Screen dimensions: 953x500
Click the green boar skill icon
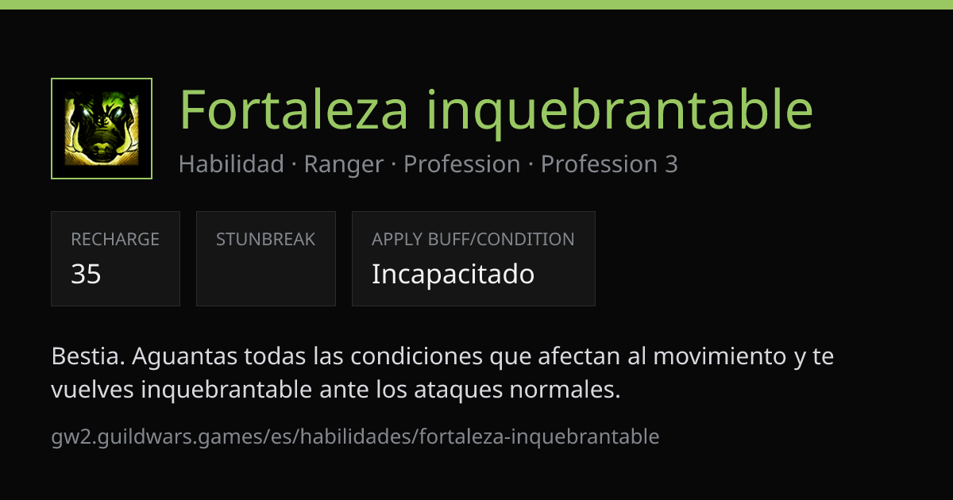pyautogui.click(x=102, y=129)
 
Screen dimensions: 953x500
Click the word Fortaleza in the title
pyautogui.click(x=294, y=110)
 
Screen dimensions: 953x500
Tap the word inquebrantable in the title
pyautogui.click(x=620, y=113)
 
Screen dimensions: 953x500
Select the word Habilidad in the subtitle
pyautogui.click(x=231, y=164)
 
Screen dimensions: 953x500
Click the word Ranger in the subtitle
pyautogui.click(x=344, y=165)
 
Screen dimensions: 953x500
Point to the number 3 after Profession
pyautogui.click(x=671, y=164)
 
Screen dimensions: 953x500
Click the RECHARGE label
pyautogui.click(x=115, y=240)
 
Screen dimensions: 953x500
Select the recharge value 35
pyautogui.click(x=86, y=274)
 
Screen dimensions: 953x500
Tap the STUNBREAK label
pyautogui.click(x=265, y=240)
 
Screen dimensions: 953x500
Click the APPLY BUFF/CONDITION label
pyautogui.click(x=473, y=240)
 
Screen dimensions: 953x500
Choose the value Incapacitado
pyautogui.click(x=453, y=275)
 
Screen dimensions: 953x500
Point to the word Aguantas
pyautogui.click(x=184, y=357)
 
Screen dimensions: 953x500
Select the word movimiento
pyautogui.click(x=720, y=356)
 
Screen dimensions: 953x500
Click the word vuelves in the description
pyautogui.click(x=92, y=390)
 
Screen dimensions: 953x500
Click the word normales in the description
pyautogui.click(x=565, y=390)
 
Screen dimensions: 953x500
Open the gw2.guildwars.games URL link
pyautogui.click(x=355, y=437)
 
